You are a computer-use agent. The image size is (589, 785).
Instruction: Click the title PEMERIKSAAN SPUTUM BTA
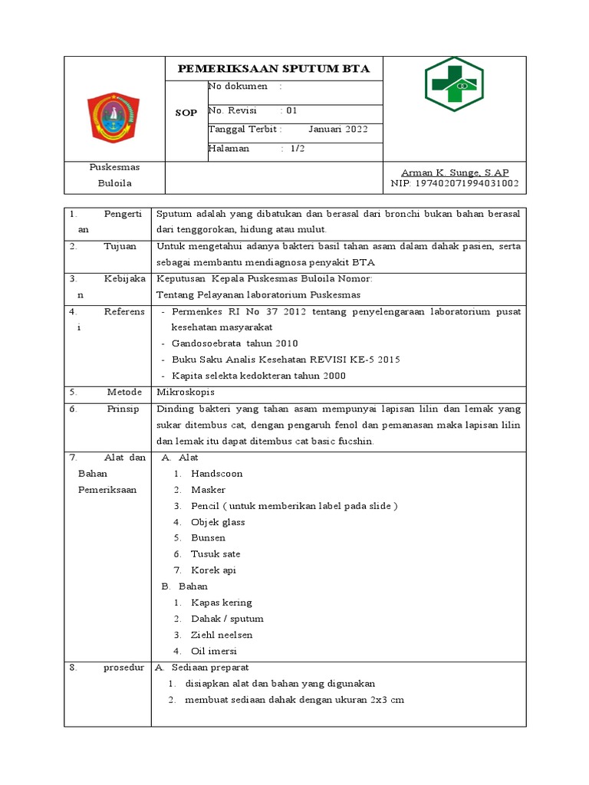tap(274, 69)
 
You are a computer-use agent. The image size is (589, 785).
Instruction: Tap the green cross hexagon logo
tap(454, 84)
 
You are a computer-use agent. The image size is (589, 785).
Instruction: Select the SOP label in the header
tap(186, 113)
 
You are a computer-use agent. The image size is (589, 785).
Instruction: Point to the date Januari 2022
tap(338, 129)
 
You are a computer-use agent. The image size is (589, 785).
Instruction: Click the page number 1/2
tap(298, 149)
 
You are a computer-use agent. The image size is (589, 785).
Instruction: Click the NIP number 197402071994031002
tap(455, 184)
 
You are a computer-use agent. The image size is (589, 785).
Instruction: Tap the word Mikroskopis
tap(185, 391)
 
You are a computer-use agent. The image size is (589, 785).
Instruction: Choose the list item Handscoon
tap(216, 474)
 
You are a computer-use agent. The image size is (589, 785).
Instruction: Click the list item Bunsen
tap(209, 538)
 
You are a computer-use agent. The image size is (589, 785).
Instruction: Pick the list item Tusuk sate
tap(216, 554)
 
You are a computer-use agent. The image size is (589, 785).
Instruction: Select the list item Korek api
tap(214, 570)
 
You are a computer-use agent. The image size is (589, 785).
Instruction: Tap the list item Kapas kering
tap(222, 603)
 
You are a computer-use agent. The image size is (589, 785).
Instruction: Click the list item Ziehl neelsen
tap(222, 635)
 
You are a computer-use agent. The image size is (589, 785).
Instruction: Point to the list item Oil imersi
tap(214, 651)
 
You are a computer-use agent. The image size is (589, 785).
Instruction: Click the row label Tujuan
tap(120, 246)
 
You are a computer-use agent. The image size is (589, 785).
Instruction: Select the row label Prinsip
tap(123, 409)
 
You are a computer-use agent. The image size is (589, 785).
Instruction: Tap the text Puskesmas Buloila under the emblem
tap(114, 175)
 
